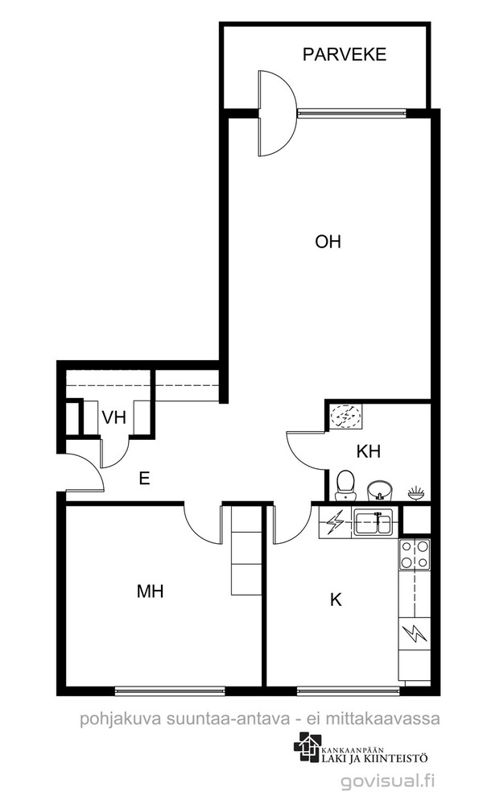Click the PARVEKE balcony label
pyautogui.click(x=344, y=55)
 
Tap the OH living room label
pyautogui.click(x=328, y=241)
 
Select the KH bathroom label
pyautogui.click(x=368, y=452)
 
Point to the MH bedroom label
pyautogui.click(x=151, y=591)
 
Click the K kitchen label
pyautogui.click(x=336, y=600)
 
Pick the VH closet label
pyautogui.click(x=114, y=417)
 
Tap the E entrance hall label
pyautogui.click(x=145, y=479)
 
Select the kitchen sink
pyautogui.click(x=374, y=523)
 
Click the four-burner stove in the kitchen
pyautogui.click(x=415, y=554)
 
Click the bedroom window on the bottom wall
pyautogui.click(x=170, y=691)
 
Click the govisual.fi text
pyautogui.click(x=388, y=782)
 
